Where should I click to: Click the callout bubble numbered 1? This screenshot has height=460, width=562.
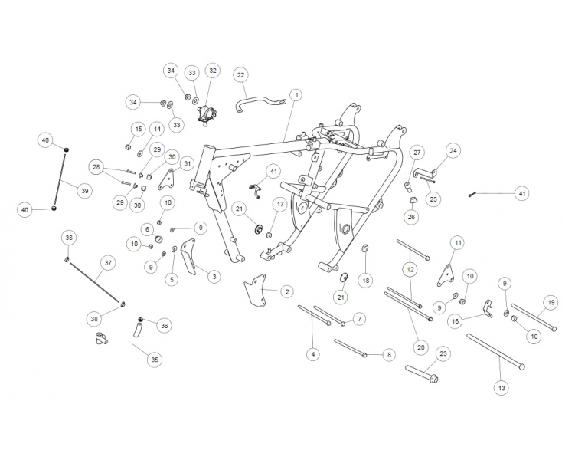click(296, 94)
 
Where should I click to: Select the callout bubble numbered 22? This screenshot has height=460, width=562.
click(241, 75)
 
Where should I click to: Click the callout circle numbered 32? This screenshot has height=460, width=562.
click(213, 71)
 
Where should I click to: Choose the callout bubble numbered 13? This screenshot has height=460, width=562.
click(502, 389)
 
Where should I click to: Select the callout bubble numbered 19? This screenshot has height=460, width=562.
click(550, 301)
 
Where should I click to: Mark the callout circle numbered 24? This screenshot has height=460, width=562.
click(453, 151)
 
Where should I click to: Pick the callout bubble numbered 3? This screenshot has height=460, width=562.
click(214, 276)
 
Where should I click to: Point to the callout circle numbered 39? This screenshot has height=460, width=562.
click(85, 190)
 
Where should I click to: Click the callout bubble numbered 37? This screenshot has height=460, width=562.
click(108, 263)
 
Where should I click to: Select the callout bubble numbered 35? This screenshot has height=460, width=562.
click(155, 359)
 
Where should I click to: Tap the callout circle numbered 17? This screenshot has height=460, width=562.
click(280, 205)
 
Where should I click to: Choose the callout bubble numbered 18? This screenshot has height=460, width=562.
click(366, 281)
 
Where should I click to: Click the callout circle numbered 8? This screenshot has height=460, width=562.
click(389, 354)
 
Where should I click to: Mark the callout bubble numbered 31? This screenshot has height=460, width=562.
click(187, 163)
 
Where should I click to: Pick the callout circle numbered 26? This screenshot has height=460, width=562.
click(411, 218)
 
